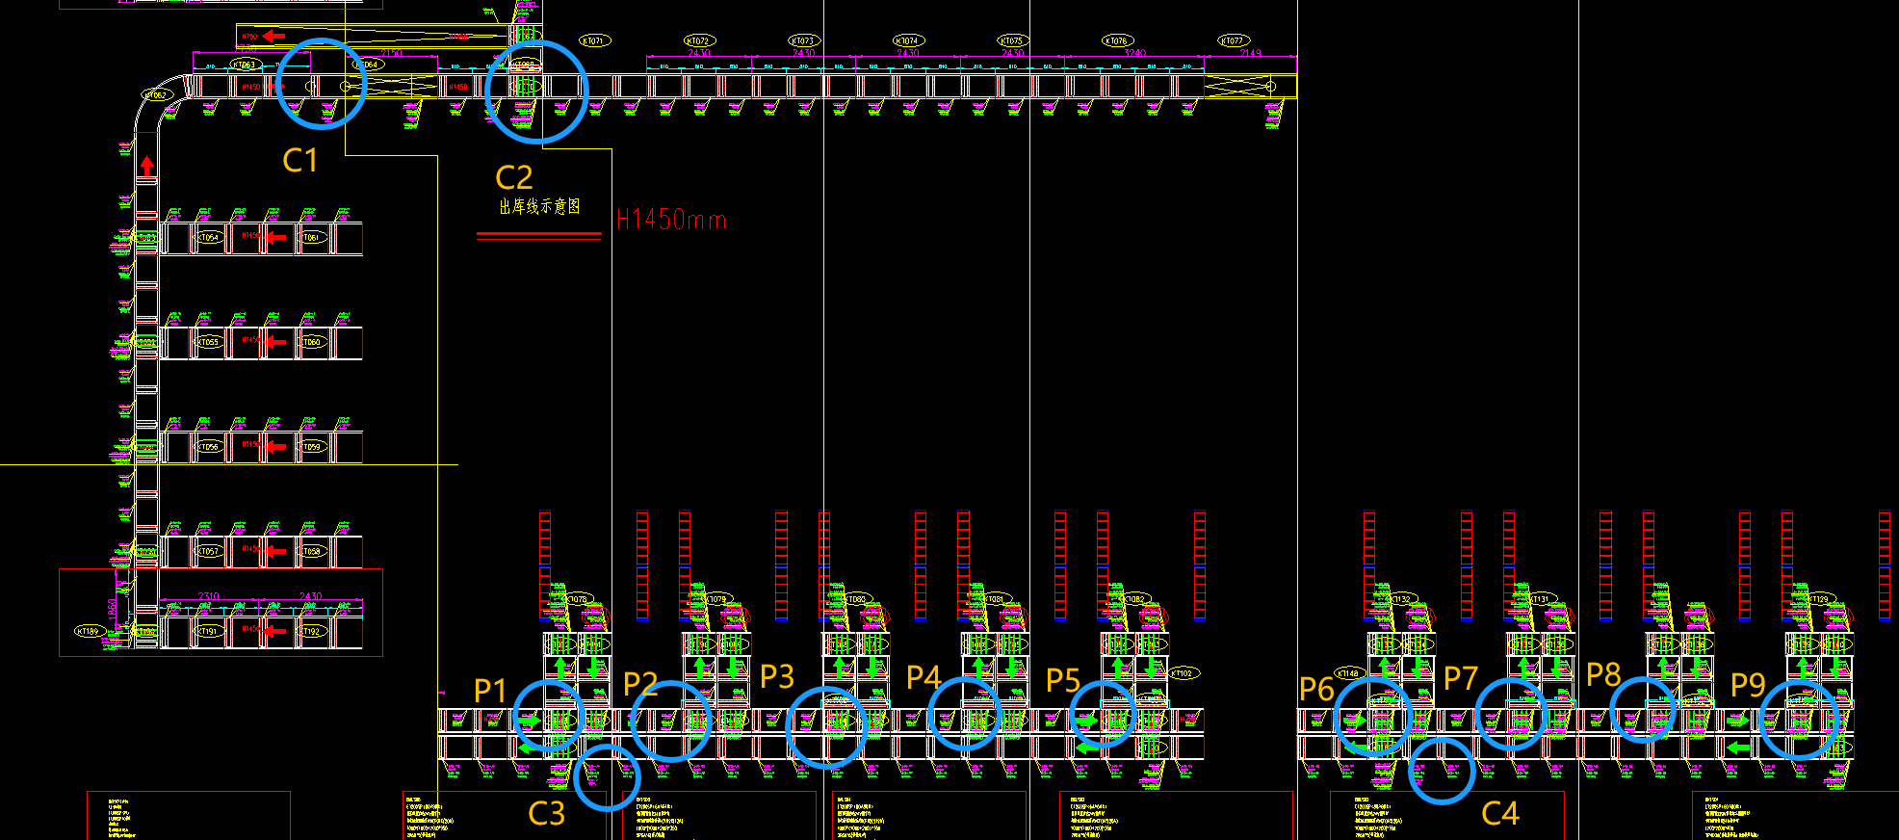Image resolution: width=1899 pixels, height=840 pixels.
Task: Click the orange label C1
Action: tap(299, 160)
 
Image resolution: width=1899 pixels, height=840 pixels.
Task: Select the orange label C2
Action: tap(513, 177)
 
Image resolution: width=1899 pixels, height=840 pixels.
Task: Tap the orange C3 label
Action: tap(546, 814)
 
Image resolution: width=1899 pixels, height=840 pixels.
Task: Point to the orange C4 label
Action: tap(1499, 814)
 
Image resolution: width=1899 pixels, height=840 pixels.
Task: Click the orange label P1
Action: tap(490, 690)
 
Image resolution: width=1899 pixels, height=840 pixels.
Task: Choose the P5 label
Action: tap(1063, 681)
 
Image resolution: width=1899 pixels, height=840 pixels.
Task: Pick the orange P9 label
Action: tap(1748, 685)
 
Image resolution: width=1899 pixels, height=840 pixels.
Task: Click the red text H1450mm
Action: tap(671, 221)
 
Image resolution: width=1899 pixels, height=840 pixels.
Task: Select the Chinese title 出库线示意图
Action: tap(539, 206)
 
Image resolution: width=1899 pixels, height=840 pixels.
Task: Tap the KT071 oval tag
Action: tap(594, 40)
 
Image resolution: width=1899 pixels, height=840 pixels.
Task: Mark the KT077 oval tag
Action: tap(1233, 40)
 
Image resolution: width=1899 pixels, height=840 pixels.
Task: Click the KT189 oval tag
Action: tap(88, 631)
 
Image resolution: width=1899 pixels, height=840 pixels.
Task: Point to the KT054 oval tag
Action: tap(209, 237)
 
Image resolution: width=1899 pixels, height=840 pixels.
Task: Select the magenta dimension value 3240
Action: tap(1134, 53)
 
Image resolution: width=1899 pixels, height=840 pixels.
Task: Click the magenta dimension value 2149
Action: tap(1250, 53)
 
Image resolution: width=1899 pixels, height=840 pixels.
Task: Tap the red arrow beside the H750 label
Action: tap(273, 37)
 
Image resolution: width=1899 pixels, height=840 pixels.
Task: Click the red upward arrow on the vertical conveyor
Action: tap(146, 167)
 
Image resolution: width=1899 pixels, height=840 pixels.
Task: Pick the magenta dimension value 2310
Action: tap(208, 597)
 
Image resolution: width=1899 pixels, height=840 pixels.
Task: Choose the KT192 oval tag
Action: tap(311, 632)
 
